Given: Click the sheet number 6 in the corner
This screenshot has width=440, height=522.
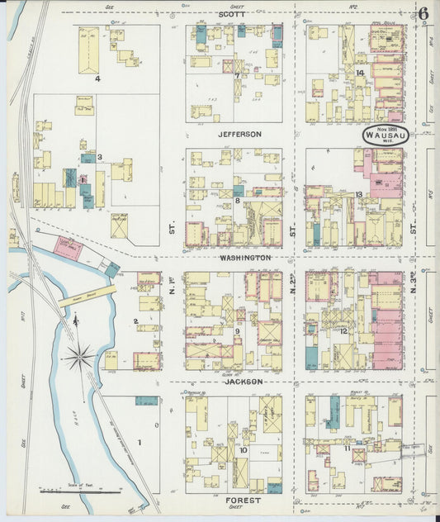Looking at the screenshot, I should tap(423, 13).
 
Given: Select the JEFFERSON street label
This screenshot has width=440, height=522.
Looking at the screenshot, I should tap(239, 134).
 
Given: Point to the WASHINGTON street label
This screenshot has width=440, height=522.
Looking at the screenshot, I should tap(245, 258).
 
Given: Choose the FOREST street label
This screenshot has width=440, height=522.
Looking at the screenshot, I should tap(244, 501).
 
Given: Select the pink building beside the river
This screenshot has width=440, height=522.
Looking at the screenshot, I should tap(68, 248).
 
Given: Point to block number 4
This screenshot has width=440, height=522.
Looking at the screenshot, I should tap(97, 79).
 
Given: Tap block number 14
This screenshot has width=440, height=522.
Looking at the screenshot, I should tap(360, 73).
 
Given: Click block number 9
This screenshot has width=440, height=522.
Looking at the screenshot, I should tap(237, 331).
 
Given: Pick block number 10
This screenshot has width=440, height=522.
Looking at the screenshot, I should tap(243, 450).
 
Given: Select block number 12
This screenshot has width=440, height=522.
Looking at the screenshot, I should tap(343, 331).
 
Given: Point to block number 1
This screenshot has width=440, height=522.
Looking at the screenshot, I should tap(140, 443).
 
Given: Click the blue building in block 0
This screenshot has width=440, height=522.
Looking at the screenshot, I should tap(146, 401).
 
